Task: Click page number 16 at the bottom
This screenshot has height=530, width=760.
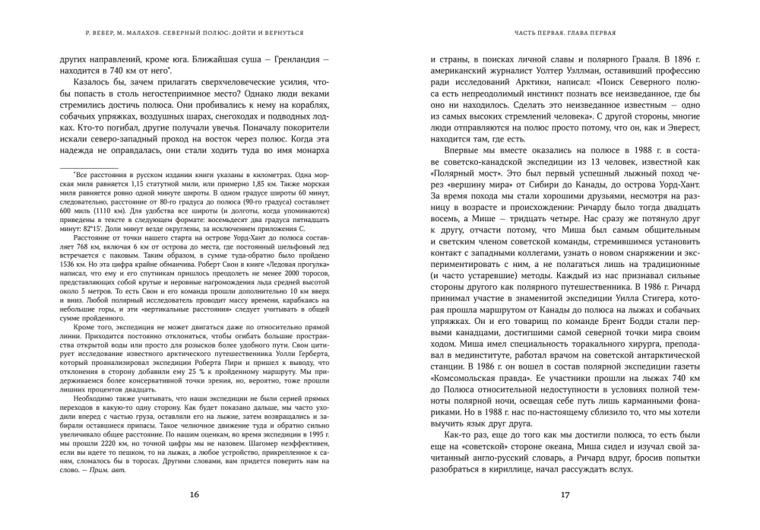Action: [195, 495]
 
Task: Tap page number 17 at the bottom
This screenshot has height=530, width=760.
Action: [565, 495]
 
